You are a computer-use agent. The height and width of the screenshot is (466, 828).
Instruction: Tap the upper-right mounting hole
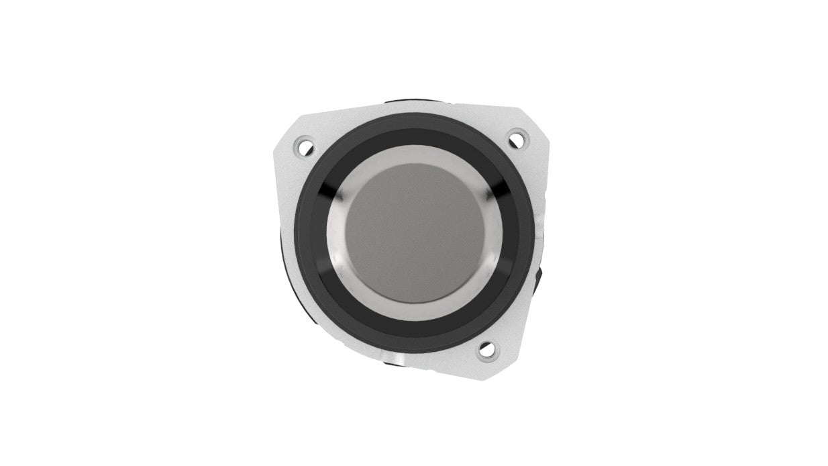point(516,139)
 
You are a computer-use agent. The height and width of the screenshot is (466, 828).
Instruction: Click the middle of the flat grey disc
point(415,232)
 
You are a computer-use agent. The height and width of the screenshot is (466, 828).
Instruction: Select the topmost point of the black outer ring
point(415,115)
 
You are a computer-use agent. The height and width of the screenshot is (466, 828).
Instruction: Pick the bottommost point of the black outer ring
point(415,351)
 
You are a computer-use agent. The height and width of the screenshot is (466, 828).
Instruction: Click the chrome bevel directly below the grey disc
point(415,314)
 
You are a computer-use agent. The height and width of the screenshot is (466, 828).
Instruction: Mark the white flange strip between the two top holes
point(409,109)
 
